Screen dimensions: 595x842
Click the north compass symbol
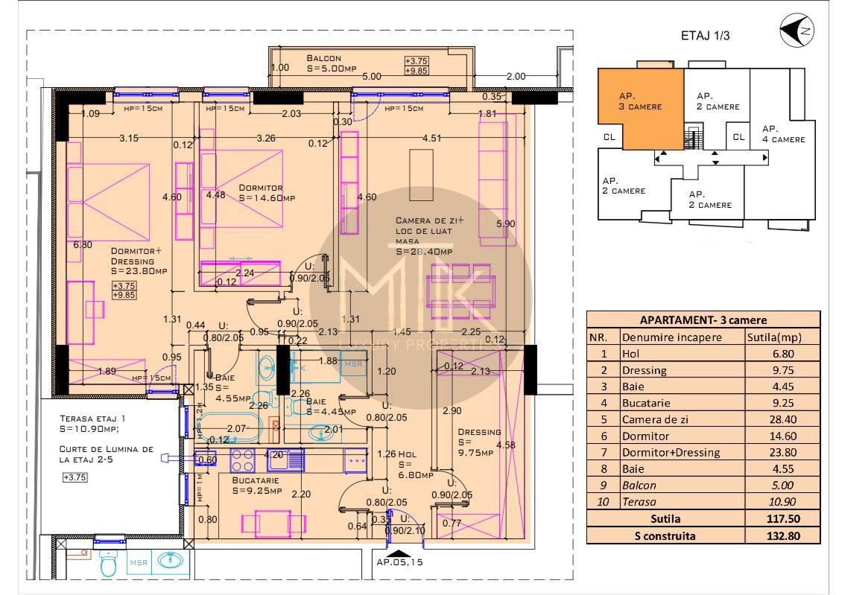click(797, 31)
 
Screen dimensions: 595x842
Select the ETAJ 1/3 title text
click(700, 35)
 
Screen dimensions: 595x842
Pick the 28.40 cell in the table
click(783, 419)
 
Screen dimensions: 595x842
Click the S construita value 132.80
click(783, 535)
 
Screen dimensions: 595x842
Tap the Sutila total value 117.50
click(783, 518)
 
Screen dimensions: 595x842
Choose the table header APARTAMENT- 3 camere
click(703, 320)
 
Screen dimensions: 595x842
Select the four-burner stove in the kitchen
click(243, 460)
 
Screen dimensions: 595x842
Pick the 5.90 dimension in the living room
click(506, 223)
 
